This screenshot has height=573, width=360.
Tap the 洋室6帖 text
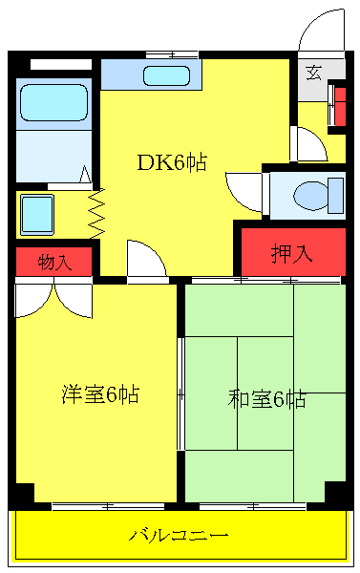pyautogui.click(x=99, y=393)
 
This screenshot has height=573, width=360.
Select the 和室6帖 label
pyautogui.click(x=266, y=399)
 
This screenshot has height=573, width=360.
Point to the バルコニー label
pyautogui.click(x=180, y=534)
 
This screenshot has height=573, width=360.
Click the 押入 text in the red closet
pyautogui.click(x=291, y=253)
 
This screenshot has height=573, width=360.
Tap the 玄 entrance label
pyautogui.click(x=313, y=72)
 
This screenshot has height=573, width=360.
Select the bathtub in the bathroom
pyautogui.click(x=53, y=101)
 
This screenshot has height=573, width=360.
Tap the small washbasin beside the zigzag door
pyautogui.click(x=37, y=213)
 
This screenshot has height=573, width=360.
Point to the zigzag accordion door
pyautogui.click(x=95, y=213)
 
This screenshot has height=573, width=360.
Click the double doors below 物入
pyautogui.click(x=53, y=298)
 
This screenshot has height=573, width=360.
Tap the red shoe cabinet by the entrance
pyautogui.click(x=338, y=105)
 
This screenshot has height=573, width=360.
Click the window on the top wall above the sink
pyautogui.click(x=172, y=53)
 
